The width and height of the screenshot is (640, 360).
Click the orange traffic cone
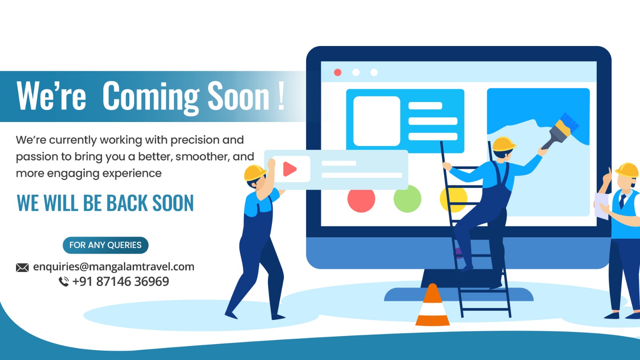[x=432, y=308]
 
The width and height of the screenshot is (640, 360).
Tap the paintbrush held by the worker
[x=560, y=131]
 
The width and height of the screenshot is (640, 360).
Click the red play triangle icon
[x=290, y=169]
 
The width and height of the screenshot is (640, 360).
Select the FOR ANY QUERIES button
[x=106, y=245]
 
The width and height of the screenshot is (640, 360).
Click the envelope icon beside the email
[x=22, y=268]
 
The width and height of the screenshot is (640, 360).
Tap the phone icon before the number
[x=64, y=282]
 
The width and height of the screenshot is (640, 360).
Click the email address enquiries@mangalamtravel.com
[x=114, y=266]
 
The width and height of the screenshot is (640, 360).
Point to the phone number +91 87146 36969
[x=121, y=282]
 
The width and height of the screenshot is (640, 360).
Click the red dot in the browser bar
[x=338, y=72]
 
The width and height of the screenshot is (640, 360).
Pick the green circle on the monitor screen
[x=408, y=199]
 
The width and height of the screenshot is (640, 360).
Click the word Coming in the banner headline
[x=151, y=97]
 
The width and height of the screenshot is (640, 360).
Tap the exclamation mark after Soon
[x=281, y=96]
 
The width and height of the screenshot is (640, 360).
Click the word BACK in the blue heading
[x=128, y=203]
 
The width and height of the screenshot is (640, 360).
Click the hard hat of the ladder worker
[x=504, y=144]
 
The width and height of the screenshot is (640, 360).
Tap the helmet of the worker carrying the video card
[x=255, y=172]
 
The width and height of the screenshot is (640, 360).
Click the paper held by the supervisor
[x=601, y=206]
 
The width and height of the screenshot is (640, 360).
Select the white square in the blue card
[x=376, y=121]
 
